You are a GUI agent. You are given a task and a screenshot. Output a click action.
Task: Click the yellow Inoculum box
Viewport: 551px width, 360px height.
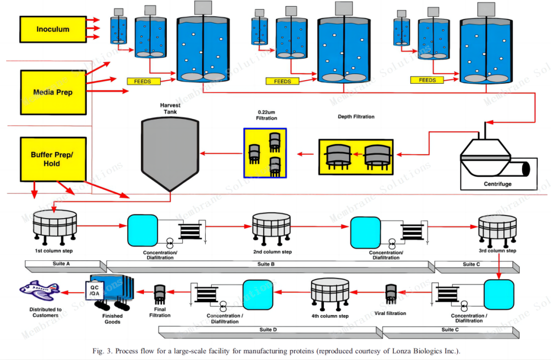pyautogui.click(x=53, y=30)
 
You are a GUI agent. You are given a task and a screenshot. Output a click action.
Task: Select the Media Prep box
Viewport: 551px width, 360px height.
pyautogui.click(x=53, y=92)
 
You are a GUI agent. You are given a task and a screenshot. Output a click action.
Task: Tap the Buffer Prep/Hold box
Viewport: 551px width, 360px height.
pyautogui.click(x=52, y=159)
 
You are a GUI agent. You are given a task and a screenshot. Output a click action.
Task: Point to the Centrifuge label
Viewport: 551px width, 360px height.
pyautogui.click(x=497, y=183)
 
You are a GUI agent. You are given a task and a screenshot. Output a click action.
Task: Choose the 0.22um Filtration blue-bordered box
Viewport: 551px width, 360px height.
pyautogui.click(x=265, y=153)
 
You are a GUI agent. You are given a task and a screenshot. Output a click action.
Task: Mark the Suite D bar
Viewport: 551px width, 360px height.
pyautogui.click(x=268, y=330)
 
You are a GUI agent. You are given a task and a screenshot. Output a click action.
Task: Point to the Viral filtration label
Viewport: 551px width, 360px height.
pyautogui.click(x=390, y=313)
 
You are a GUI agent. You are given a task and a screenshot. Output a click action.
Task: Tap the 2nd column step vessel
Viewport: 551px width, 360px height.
pyautogui.click(x=272, y=227)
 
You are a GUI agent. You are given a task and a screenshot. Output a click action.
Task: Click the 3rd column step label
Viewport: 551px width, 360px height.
pyautogui.click(x=497, y=251)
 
